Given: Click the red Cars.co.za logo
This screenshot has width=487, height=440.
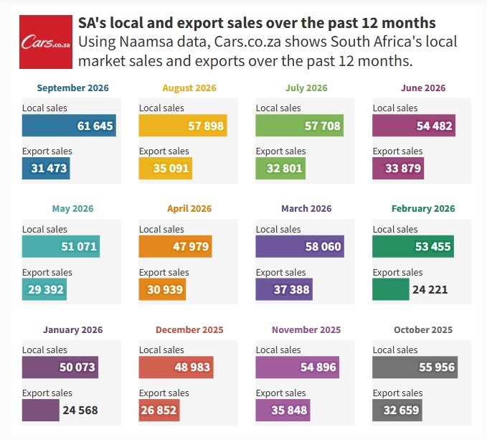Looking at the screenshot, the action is coord(46,42).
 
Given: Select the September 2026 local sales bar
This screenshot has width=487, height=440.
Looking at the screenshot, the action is coord(69,126).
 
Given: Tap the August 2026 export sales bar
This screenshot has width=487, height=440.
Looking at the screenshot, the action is coord(166,169).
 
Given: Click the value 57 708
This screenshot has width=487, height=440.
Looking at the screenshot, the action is coord(322,126).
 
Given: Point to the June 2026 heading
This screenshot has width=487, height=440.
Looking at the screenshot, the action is coord(423,88).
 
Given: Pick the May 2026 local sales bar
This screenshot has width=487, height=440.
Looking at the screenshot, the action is coord(61,246).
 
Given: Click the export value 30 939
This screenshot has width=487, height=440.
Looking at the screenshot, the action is coord(165,289).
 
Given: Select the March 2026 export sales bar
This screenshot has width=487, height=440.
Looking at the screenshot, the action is coord(284,289).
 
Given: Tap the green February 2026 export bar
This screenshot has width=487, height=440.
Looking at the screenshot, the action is coord(391,289).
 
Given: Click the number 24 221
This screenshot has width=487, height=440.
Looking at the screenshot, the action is coord(430,289).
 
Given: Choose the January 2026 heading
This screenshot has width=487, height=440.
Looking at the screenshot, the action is coord(72,329).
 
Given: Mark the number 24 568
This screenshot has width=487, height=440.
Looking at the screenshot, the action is coord(80,410).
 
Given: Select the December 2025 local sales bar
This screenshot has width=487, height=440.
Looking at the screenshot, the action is coord(176,367).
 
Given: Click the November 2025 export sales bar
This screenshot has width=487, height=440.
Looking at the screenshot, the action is coord(283,410).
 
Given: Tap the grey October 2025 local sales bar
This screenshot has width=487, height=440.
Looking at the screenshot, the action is coord(415,367).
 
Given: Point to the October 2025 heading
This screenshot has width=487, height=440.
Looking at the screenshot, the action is coord(423,329).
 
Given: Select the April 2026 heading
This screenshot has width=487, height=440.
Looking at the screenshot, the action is coord(189,208).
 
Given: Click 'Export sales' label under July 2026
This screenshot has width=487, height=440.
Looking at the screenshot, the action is coord(280,151).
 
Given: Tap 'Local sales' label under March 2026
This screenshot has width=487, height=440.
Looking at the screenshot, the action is coord(278,229).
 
